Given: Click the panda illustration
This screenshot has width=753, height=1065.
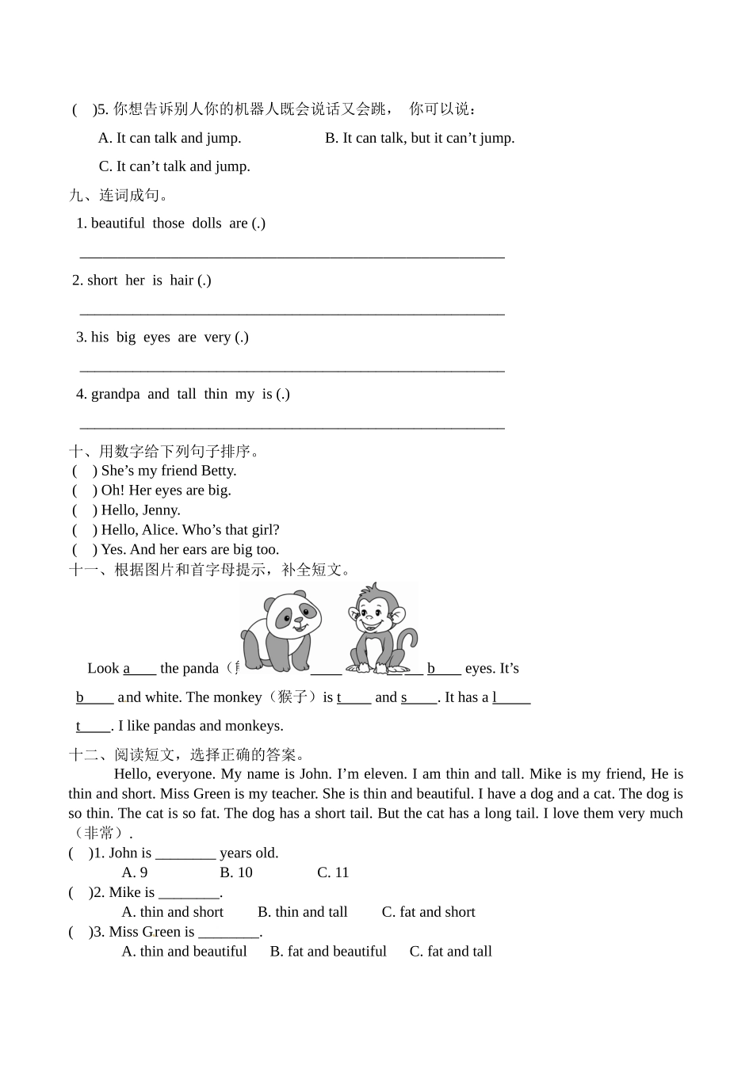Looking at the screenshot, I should (x=280, y=630).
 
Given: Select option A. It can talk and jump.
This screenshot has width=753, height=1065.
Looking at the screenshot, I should (x=170, y=138).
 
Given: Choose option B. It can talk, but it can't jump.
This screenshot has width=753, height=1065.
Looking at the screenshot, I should (x=419, y=138).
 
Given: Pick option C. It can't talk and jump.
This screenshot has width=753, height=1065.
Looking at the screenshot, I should (x=174, y=166).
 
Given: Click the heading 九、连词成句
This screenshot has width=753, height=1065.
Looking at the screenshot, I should (x=119, y=195).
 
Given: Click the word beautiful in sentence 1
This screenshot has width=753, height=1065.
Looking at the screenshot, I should (x=117, y=223).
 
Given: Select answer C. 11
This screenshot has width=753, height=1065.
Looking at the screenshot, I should (x=333, y=872).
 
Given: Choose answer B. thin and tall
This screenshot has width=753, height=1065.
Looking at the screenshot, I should (x=303, y=912).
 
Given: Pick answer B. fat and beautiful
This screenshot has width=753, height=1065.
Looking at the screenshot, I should (x=328, y=952).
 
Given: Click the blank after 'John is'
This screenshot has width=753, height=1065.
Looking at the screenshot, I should (x=185, y=854).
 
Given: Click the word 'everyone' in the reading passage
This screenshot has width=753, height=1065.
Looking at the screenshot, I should (x=185, y=774).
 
